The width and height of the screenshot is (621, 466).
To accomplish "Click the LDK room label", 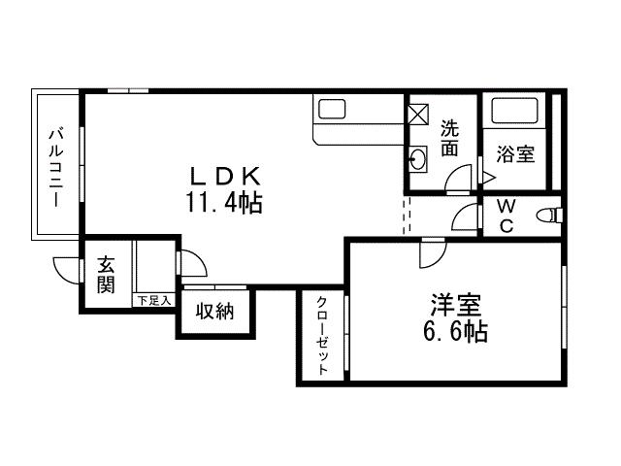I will [x=223, y=176].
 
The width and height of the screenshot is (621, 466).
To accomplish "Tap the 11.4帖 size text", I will [x=223, y=203].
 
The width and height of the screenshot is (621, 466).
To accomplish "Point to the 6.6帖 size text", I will [x=454, y=332].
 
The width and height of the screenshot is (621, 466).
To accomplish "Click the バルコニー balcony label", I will [x=55, y=166].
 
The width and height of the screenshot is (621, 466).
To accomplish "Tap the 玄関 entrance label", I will [x=105, y=275].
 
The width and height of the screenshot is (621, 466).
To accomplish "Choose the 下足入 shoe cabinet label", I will [x=153, y=301].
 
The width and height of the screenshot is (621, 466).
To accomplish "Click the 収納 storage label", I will [x=213, y=312].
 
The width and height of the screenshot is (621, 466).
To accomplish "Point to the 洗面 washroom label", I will [x=449, y=138].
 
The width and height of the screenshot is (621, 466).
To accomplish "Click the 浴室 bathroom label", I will [x=516, y=153].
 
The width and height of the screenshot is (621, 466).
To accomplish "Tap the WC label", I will [x=506, y=216].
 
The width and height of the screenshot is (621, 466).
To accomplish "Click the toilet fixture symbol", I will [x=550, y=215].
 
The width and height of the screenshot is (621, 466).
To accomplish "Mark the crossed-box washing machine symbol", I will [x=417, y=114].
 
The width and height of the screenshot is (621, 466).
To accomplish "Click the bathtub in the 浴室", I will [x=515, y=112].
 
